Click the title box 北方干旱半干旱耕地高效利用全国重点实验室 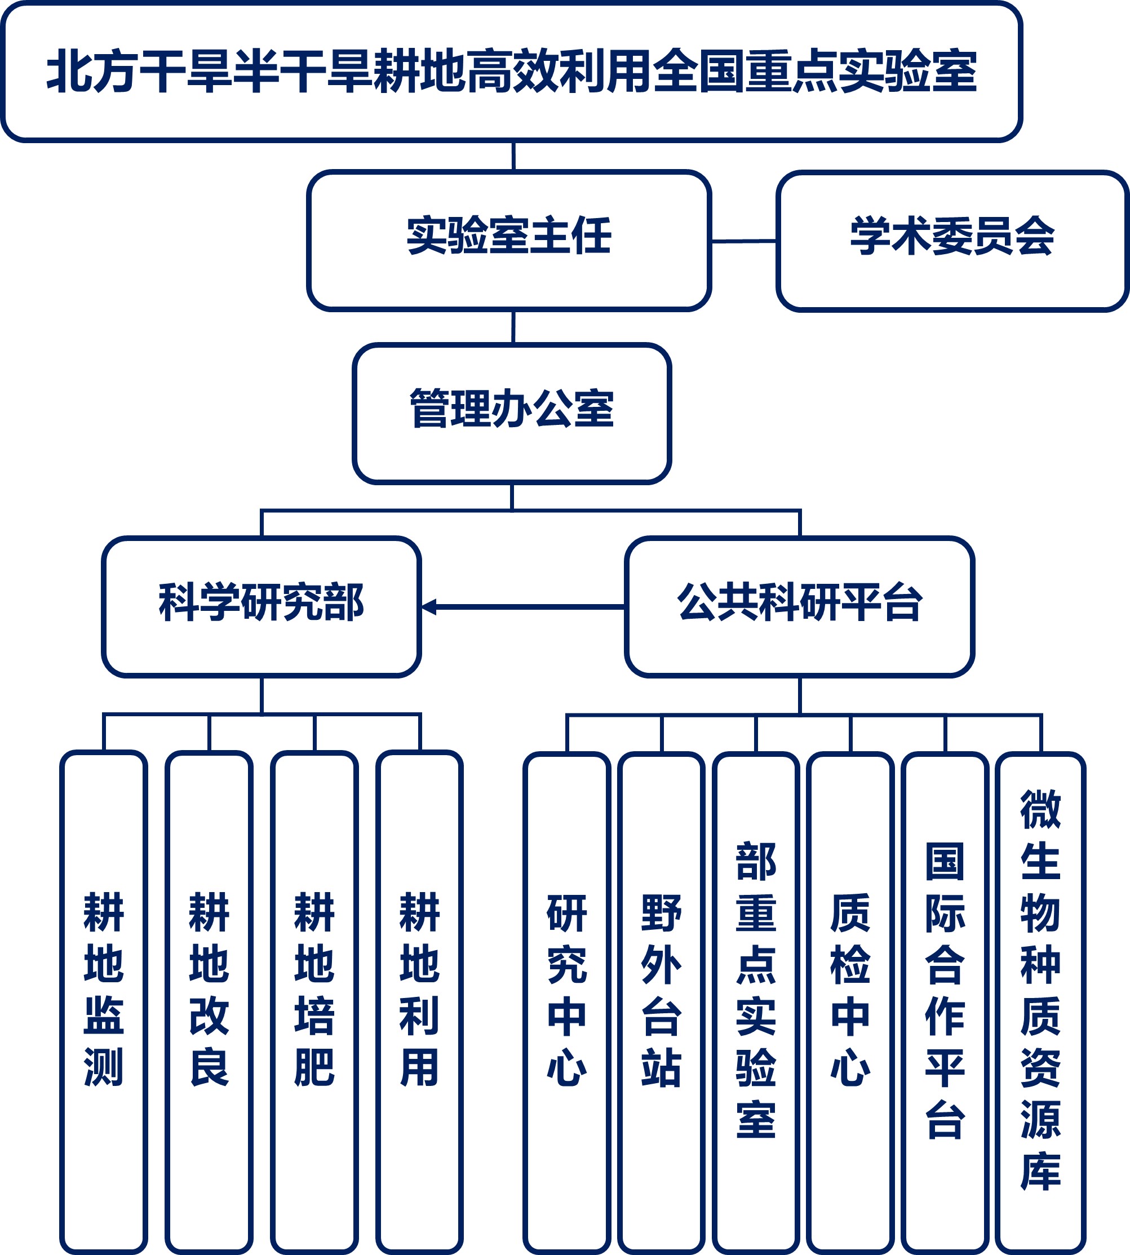tap(511, 72)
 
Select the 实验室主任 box tap(509, 240)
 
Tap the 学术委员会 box tap(952, 240)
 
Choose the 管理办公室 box tap(512, 413)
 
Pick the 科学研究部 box tap(262, 606)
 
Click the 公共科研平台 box tap(799, 606)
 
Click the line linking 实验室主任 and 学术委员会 tap(743, 241)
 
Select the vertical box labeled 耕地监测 tap(104, 999)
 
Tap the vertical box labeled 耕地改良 tap(209, 999)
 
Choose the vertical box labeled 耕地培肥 tap(314, 999)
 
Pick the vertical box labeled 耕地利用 tap(420, 999)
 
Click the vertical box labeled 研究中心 tap(567, 999)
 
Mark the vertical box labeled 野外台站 tap(661, 999)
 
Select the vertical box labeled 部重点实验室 tap(756, 999)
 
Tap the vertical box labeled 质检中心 tap(850, 999)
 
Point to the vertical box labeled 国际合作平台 tap(945, 999)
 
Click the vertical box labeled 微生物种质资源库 tap(1040, 999)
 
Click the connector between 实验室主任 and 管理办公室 tap(513, 327)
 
